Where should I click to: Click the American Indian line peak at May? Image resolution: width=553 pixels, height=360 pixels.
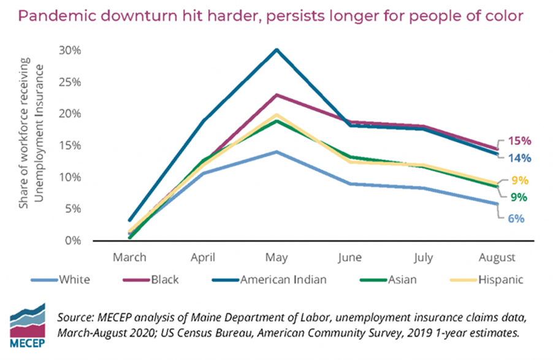[276, 50]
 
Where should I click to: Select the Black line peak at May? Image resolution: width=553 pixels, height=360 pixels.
[276, 95]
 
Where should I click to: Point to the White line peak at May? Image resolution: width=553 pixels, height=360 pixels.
[276, 151]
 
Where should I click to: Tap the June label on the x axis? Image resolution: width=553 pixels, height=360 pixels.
[350, 257]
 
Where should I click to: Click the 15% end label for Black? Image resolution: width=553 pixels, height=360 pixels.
[517, 140]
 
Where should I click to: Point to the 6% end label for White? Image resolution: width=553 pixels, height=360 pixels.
[517, 219]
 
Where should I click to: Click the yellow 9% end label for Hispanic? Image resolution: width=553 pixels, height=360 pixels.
[520, 181]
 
